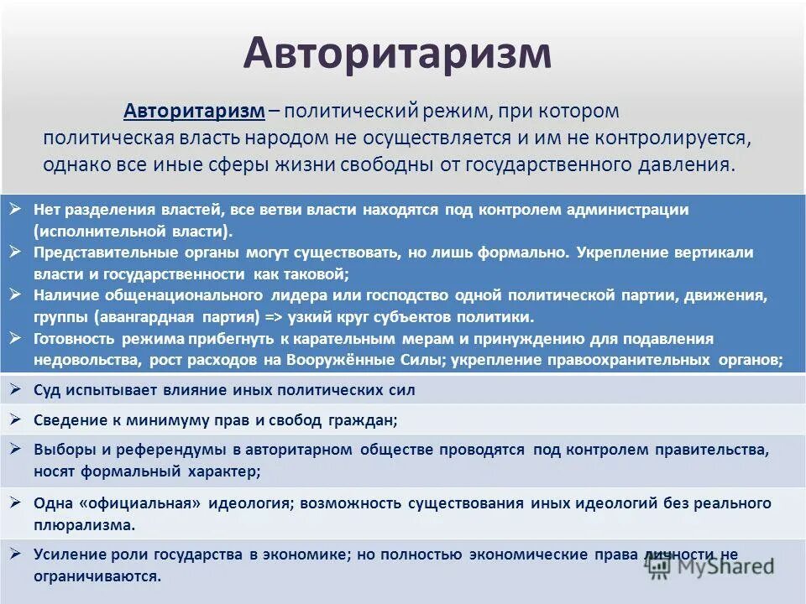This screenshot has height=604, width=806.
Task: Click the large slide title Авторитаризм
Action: pyautogui.click(x=397, y=54)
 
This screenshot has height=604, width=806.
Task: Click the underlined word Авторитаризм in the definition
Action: pyautogui.click(x=195, y=112)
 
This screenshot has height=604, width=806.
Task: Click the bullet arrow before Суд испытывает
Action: pyautogui.click(x=16, y=389)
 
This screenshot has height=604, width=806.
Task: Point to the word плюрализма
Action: pyautogui.click(x=83, y=525)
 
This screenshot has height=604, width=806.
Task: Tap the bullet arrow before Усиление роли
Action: pyautogui.click(x=16, y=554)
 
